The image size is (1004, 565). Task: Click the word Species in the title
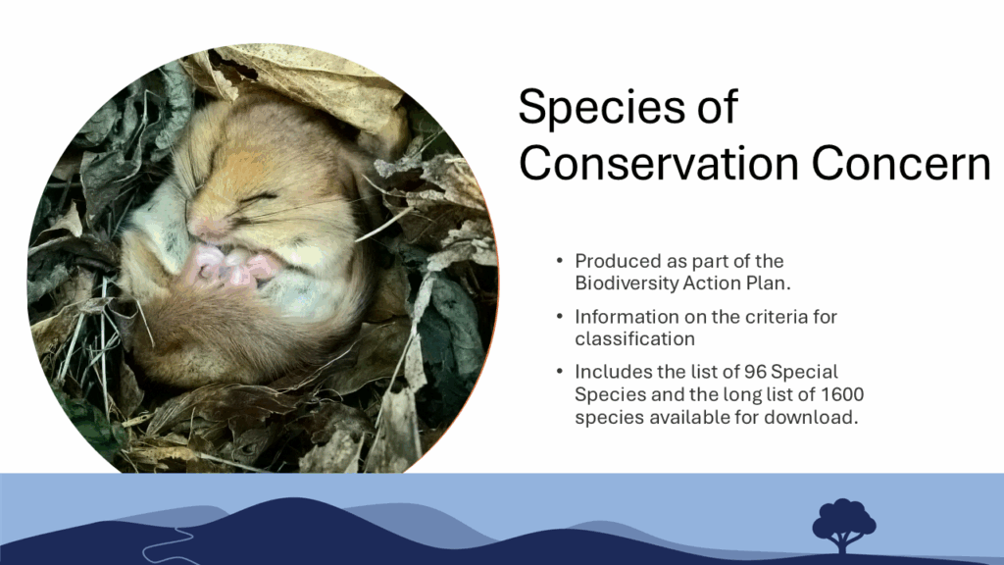pyautogui.click(x=603, y=108)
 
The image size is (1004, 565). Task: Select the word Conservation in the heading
pyautogui.click(x=659, y=163)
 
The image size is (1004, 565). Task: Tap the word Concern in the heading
pyautogui.click(x=902, y=163)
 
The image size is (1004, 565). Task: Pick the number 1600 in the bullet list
pyautogui.click(x=842, y=394)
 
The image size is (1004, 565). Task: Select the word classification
pyautogui.click(x=634, y=338)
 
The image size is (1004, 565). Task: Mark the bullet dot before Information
pyautogui.click(x=560, y=316)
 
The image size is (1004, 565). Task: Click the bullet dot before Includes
pyautogui.click(x=560, y=371)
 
